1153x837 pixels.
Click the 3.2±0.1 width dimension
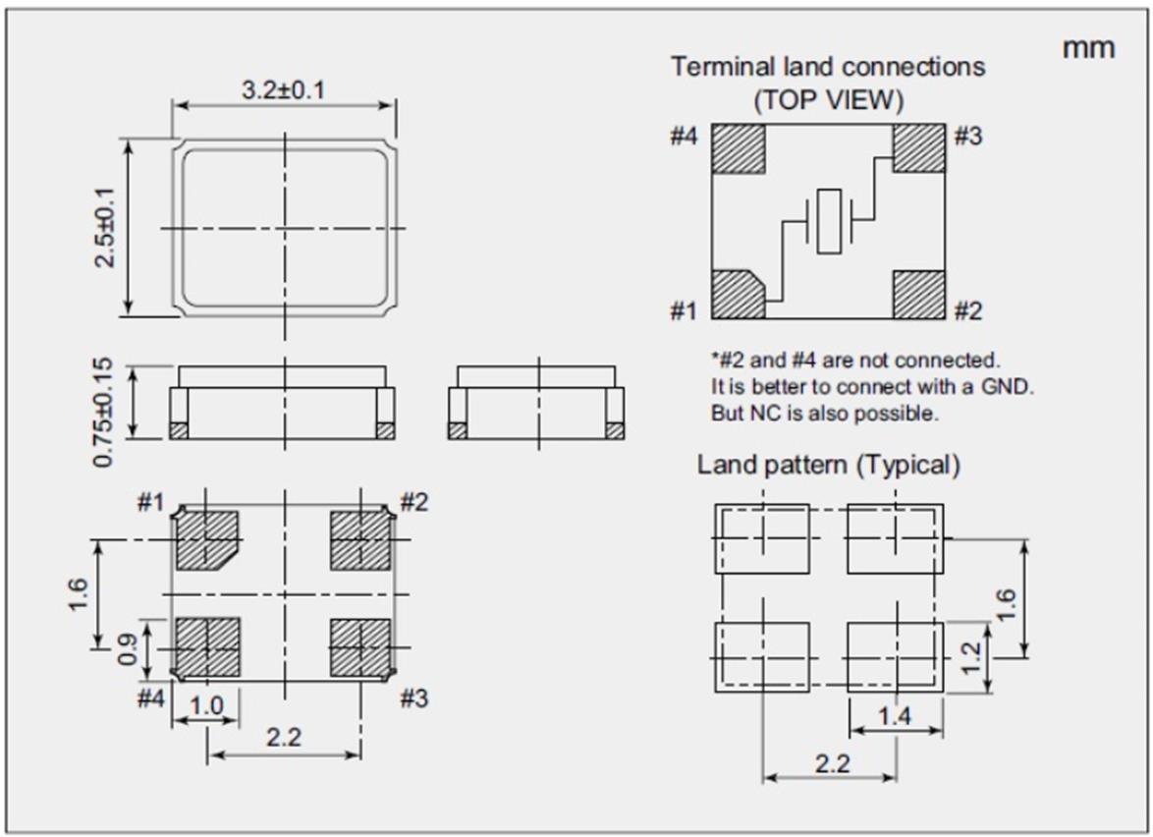pyautogui.click(x=284, y=90)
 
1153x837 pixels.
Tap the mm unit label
pyautogui.click(x=1088, y=46)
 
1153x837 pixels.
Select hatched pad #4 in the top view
pyautogui.click(x=738, y=148)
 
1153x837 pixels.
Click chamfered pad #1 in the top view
pyautogui.click(x=737, y=294)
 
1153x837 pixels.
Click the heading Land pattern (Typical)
pyautogui.click(x=828, y=465)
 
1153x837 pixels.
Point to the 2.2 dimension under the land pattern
pyautogui.click(x=831, y=763)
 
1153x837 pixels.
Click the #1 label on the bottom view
pyautogui.click(x=150, y=504)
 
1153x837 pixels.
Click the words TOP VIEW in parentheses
pyautogui.click(x=829, y=99)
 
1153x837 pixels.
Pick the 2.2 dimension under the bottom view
pyautogui.click(x=284, y=739)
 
